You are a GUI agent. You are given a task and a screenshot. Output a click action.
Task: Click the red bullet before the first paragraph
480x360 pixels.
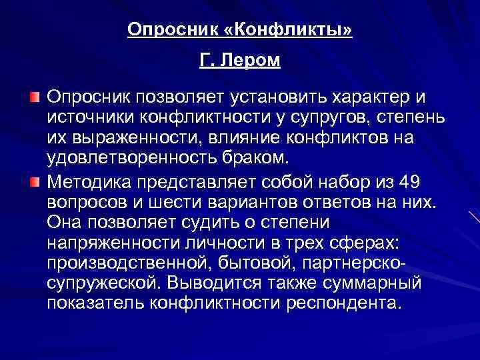pos(34,99)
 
